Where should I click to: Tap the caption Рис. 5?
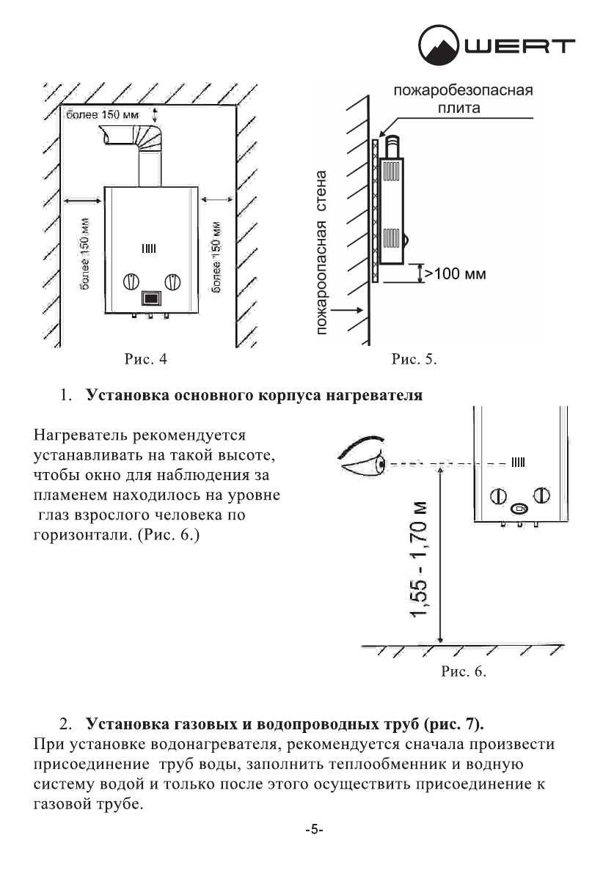[414, 359]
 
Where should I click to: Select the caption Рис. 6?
[464, 671]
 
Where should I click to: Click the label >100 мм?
[456, 274]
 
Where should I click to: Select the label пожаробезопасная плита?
[462, 100]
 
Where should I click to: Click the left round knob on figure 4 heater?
[131, 282]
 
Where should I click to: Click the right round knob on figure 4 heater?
[172, 282]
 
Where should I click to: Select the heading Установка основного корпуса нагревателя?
[254, 397]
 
